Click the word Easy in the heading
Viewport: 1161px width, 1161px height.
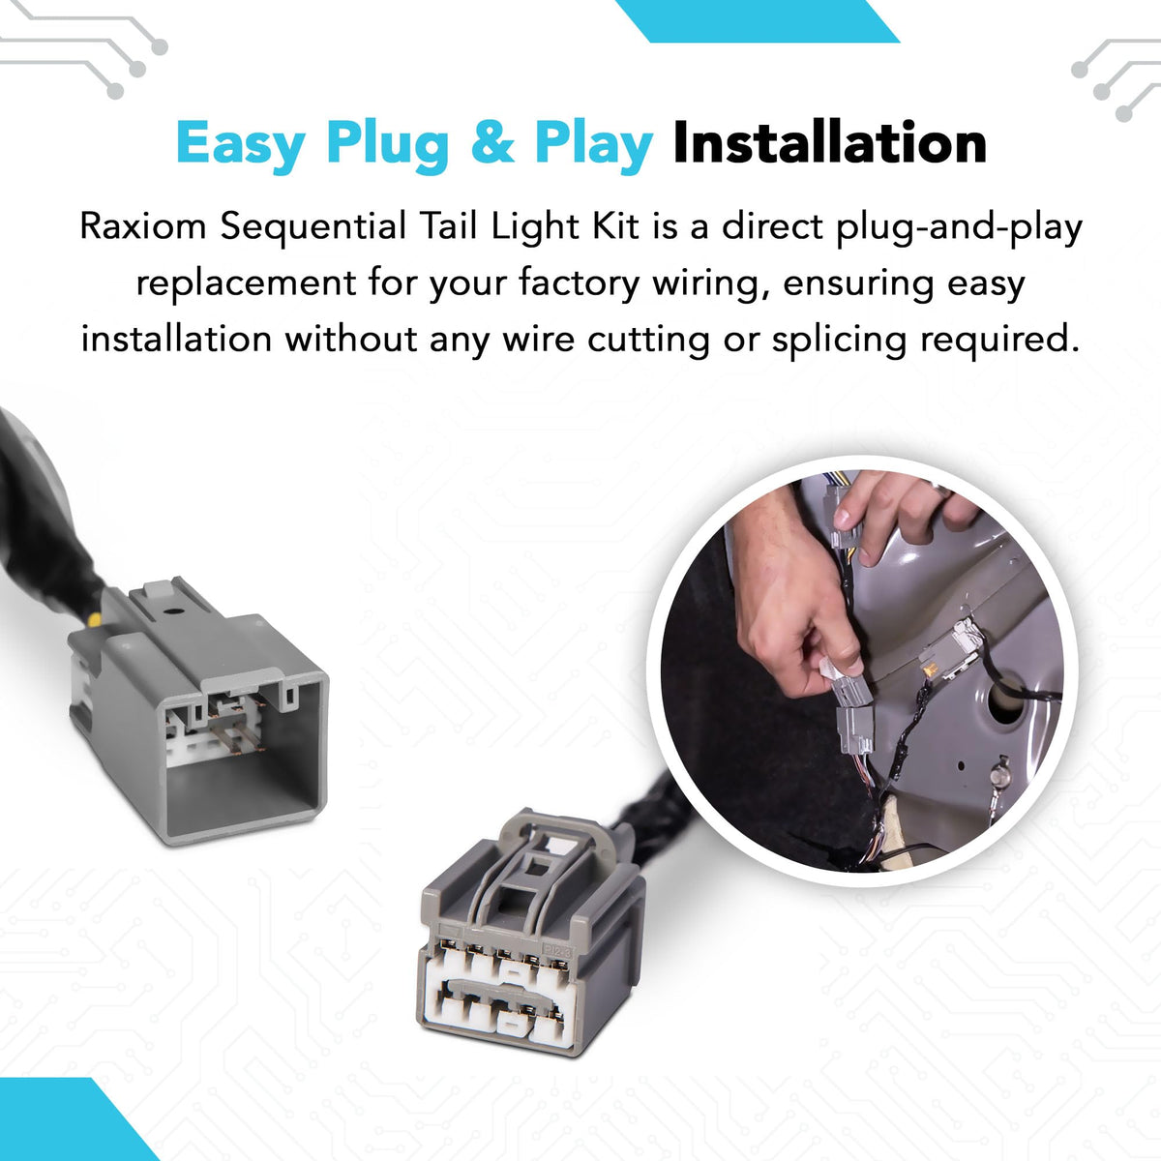tap(240, 144)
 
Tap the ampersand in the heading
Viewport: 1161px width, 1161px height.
tap(492, 143)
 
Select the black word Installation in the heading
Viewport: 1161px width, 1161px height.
tap(829, 142)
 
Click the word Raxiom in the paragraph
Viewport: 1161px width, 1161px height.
tap(143, 227)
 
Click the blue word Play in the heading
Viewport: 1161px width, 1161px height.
tap(594, 144)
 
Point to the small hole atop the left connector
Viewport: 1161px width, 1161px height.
tap(174, 610)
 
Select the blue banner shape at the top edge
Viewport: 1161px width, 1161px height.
tap(757, 20)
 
